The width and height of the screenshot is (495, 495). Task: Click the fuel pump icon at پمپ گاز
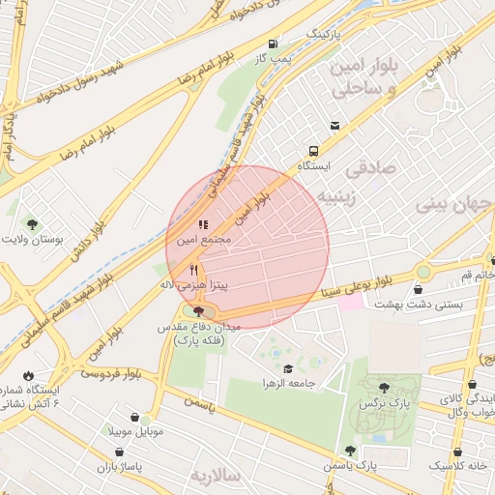tap(275, 44)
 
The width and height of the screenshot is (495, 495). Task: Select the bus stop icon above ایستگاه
tap(314, 151)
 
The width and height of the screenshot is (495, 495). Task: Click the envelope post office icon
tap(335, 126)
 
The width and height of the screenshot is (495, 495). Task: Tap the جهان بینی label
tap(453, 205)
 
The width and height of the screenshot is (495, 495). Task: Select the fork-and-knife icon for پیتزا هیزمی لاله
tap(194, 271)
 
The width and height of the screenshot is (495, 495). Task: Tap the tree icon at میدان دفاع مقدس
tap(198, 311)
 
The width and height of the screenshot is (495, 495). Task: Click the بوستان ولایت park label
tap(36, 237)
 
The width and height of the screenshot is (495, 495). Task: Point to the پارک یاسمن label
tap(350, 467)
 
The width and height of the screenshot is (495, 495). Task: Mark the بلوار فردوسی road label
tap(111, 371)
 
